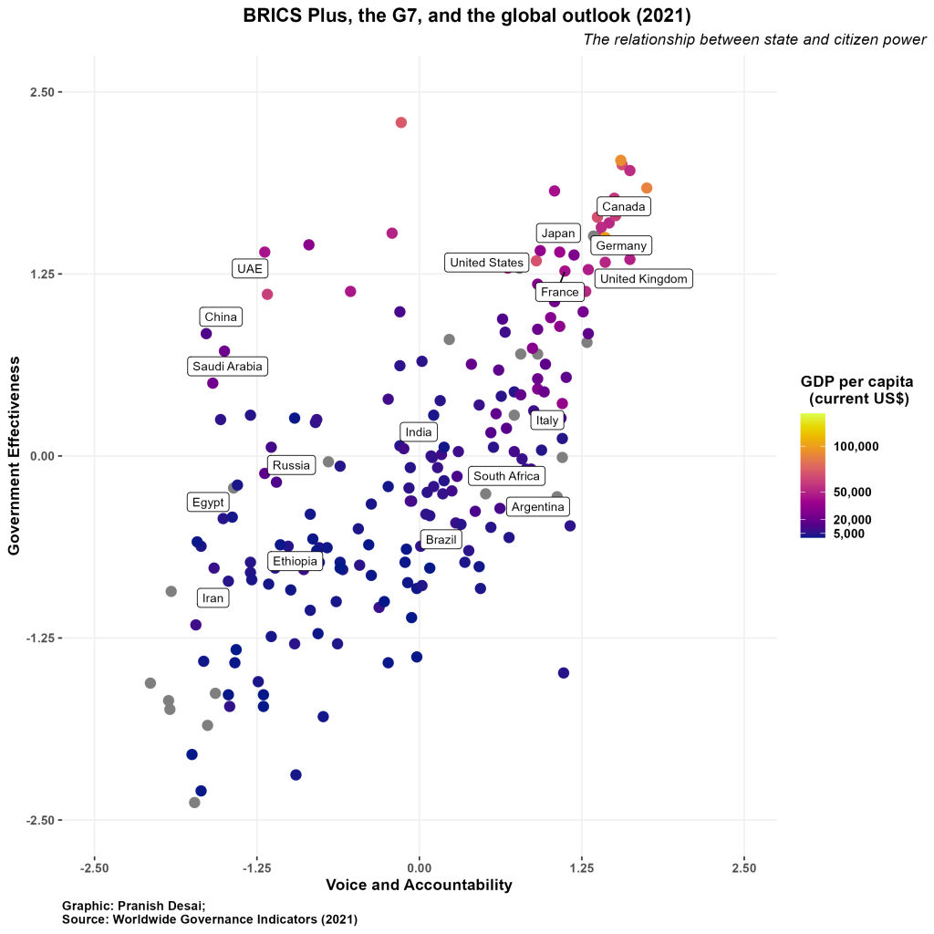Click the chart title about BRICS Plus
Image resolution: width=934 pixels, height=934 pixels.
click(x=467, y=16)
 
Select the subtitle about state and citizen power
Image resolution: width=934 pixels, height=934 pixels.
click(x=754, y=40)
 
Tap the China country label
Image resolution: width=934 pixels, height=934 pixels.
click(x=221, y=317)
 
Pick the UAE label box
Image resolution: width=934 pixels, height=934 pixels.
click(x=248, y=268)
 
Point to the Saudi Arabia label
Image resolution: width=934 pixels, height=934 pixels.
click(x=227, y=367)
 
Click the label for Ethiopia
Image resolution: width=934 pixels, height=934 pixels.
click(x=295, y=561)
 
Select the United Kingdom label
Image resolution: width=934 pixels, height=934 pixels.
click(x=643, y=279)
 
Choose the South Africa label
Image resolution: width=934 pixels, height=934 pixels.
click(x=507, y=476)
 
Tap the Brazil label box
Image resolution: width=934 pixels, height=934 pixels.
click(x=441, y=540)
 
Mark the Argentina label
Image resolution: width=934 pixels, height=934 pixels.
click(x=538, y=507)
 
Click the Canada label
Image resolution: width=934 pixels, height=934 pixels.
click(x=624, y=207)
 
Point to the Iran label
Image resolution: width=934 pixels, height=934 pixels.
click(x=213, y=598)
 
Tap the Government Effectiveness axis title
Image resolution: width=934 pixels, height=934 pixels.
click(x=14, y=456)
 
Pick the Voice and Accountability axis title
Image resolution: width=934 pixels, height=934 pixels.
click(x=419, y=886)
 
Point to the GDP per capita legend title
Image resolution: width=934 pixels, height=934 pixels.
click(x=856, y=389)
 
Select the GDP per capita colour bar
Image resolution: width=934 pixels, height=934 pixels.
click(x=813, y=475)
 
